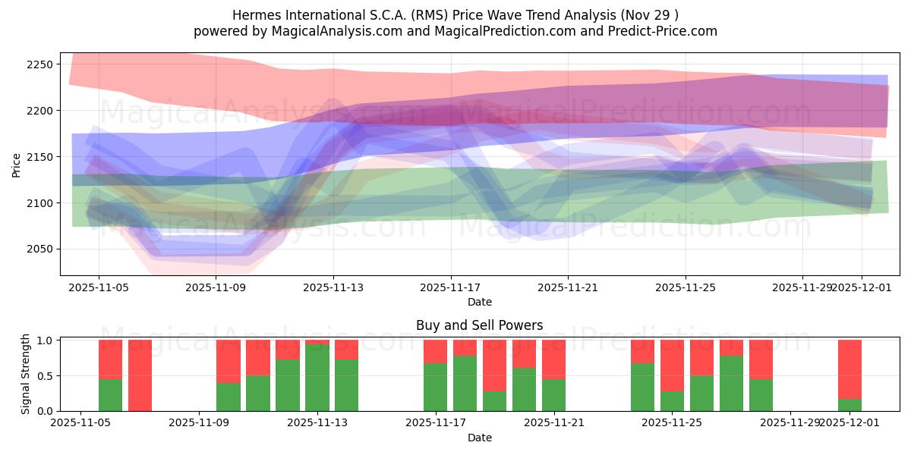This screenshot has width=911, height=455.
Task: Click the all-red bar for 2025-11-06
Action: [x=140, y=375]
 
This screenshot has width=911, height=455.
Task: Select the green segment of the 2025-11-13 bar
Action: [x=317, y=378]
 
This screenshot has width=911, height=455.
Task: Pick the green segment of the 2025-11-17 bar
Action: [x=435, y=387]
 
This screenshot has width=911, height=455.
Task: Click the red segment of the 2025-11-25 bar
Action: [x=672, y=366]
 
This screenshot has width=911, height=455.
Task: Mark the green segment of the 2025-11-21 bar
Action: [x=553, y=394]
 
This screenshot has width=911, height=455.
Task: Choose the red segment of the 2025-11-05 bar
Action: [x=110, y=359]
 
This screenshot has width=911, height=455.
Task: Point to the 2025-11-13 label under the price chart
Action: [x=333, y=287]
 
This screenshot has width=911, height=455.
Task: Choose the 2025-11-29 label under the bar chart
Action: [x=790, y=422]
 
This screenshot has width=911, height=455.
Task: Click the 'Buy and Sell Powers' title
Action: [x=479, y=325]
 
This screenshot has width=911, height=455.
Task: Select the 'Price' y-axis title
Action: [x=16, y=165]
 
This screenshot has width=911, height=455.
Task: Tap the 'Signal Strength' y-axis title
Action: [x=26, y=374]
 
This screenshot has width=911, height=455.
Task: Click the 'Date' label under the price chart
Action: [x=479, y=302]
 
